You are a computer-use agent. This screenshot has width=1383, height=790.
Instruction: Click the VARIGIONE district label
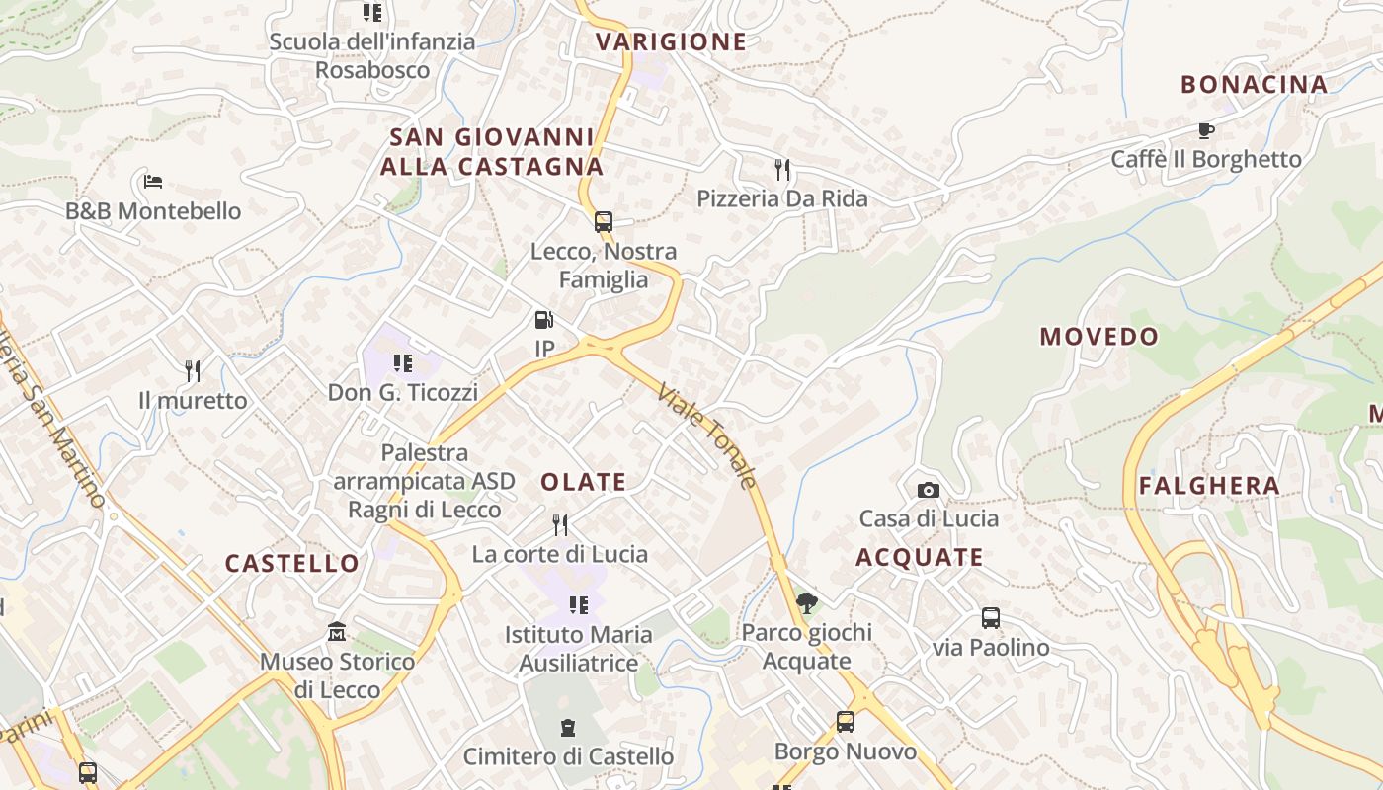point(671,41)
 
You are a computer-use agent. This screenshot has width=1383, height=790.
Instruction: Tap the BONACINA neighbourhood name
point(1254,85)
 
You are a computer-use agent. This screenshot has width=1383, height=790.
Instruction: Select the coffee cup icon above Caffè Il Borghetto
point(1205,130)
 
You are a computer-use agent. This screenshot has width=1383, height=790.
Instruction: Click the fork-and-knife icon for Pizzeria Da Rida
point(782,170)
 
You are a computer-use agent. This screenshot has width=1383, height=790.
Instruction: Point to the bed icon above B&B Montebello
point(152,182)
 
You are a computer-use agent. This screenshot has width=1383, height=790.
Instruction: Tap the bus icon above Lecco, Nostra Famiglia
point(603,222)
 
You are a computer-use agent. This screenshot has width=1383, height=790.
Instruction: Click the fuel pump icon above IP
point(543,320)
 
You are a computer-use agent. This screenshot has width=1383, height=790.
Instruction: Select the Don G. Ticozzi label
point(402,392)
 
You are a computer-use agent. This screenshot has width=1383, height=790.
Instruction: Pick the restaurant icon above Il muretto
point(193,371)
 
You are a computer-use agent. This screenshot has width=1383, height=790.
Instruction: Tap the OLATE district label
point(583,482)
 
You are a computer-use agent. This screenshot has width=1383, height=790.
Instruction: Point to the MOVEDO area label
point(1098,337)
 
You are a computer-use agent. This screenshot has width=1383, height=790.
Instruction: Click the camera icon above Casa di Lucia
point(928,490)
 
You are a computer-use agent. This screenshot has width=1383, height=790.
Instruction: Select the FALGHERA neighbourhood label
point(1209,486)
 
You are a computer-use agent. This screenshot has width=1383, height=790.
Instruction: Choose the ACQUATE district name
point(919,558)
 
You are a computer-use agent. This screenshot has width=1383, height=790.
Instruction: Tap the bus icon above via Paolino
point(990,618)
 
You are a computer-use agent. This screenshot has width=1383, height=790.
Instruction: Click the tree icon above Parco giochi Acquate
point(806,602)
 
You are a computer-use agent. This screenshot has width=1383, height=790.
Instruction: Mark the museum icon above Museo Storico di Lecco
point(337,631)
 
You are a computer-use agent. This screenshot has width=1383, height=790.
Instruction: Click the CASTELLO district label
point(292,564)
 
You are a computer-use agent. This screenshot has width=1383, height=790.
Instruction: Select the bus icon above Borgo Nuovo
point(845,722)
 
